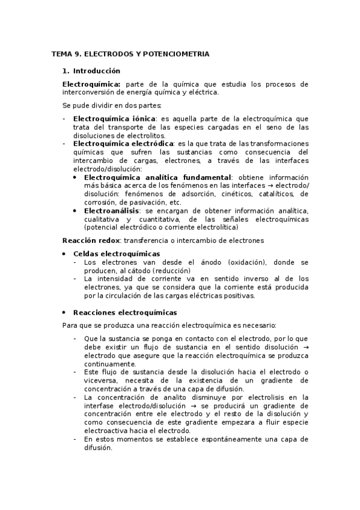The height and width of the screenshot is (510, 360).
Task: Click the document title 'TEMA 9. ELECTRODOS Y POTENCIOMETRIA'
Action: point(130,54)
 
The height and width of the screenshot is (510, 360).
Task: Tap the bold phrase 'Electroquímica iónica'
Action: point(114,118)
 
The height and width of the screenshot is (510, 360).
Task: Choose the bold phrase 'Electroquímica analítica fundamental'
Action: point(157,177)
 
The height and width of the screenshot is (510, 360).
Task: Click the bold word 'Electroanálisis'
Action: point(112,211)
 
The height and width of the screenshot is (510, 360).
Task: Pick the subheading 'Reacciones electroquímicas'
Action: point(125,313)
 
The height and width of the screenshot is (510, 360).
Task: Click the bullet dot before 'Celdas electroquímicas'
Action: point(64,254)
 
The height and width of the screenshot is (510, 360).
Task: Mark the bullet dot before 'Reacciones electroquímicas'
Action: point(64,313)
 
